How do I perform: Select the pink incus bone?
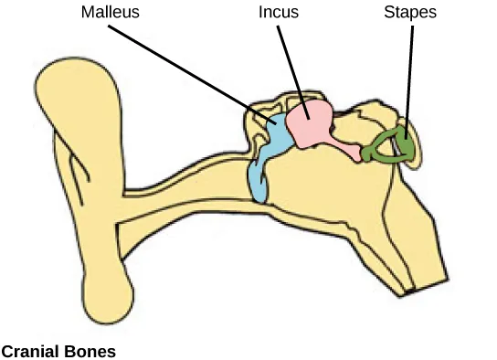(x=311, y=123)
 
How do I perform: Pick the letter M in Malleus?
(x=86, y=14)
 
